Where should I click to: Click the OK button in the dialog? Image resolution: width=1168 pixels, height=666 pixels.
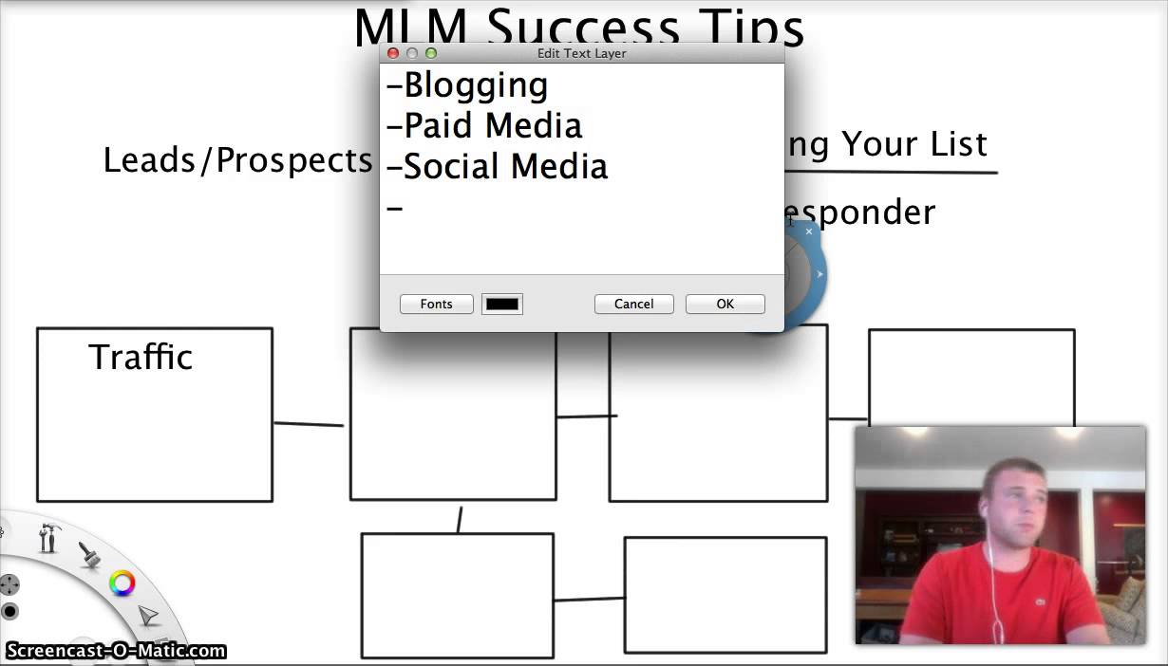click(725, 304)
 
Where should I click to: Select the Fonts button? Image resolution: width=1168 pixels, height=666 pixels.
click(436, 304)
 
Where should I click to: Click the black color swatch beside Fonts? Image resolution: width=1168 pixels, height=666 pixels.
click(502, 304)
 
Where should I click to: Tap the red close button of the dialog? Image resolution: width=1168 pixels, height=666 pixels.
click(392, 53)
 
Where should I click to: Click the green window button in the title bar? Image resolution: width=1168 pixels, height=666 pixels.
click(430, 53)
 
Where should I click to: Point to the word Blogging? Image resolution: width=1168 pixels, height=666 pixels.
click(476, 85)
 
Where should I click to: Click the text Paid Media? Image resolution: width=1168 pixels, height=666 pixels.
click(493, 125)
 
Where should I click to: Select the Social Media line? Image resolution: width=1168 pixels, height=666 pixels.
click(505, 166)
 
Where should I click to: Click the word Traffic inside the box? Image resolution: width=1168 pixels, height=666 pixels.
click(141, 357)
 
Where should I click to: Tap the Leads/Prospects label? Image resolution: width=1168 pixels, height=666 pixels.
click(237, 159)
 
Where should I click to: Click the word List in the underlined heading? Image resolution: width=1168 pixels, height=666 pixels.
click(959, 143)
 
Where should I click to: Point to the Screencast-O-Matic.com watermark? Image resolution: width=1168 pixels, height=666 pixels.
click(115, 651)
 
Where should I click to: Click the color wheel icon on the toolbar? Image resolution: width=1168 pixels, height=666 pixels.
click(122, 583)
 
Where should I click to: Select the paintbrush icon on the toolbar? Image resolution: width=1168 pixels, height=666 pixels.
click(89, 554)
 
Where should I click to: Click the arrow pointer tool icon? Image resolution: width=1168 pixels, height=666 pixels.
click(148, 617)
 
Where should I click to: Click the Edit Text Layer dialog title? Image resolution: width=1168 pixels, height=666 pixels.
click(581, 53)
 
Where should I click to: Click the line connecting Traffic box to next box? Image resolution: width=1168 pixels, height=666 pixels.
click(309, 424)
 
